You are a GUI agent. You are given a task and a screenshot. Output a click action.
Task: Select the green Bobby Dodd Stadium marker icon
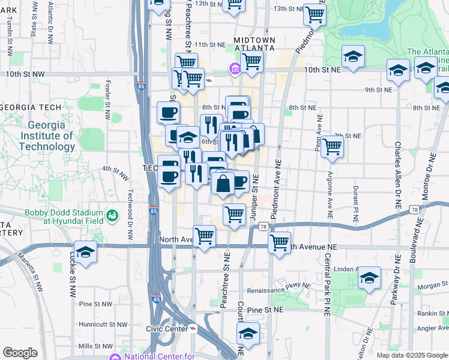click(x=112, y=215)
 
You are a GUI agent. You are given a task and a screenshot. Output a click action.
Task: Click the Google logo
click(x=20, y=353)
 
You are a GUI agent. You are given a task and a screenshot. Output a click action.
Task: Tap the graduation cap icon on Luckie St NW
click(x=85, y=252)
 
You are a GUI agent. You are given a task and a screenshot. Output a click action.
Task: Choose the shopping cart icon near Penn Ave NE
click(x=331, y=146)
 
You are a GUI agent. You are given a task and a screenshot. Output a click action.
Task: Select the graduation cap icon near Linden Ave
click(x=369, y=277)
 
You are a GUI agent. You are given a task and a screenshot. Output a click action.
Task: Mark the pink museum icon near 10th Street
click(x=233, y=71)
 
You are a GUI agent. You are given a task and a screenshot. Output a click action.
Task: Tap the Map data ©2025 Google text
click(x=412, y=355)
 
